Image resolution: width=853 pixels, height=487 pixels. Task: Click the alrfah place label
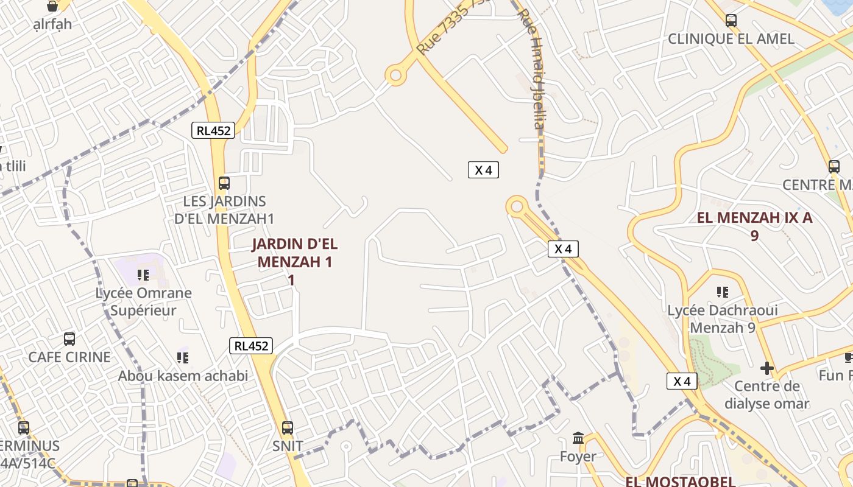click(52, 24)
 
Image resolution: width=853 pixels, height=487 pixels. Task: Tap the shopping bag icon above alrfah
click(52, 7)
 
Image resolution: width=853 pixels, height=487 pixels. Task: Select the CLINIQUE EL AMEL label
click(731, 39)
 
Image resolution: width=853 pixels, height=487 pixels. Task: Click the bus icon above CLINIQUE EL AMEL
click(731, 21)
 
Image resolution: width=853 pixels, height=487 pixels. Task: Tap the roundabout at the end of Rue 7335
click(396, 75)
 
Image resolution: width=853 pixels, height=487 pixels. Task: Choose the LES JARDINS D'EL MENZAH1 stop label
click(224, 210)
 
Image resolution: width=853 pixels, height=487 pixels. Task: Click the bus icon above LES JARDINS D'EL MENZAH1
click(224, 183)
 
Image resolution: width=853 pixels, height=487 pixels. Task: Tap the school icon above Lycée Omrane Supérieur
click(143, 275)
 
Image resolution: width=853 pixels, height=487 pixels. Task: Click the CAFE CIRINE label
click(69, 357)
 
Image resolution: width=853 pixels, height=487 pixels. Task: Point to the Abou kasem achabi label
click(183, 376)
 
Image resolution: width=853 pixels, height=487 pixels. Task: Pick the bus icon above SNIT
click(288, 428)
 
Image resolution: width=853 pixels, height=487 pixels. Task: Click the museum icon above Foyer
click(578, 438)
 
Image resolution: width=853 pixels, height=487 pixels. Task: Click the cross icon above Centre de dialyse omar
click(767, 368)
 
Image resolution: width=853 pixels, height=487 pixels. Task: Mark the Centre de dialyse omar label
click(766, 394)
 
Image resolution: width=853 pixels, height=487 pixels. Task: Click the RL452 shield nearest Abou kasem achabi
click(251, 346)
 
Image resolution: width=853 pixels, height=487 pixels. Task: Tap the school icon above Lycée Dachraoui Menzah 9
click(723, 292)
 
